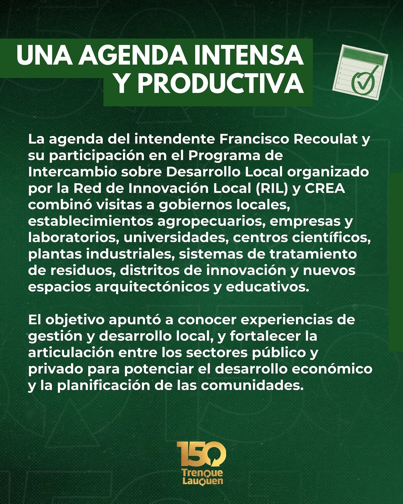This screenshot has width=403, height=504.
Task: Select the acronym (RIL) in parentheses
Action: [x=271, y=189]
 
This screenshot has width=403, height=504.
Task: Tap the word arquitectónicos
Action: [x=152, y=287]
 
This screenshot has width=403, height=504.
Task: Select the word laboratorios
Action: [x=74, y=238]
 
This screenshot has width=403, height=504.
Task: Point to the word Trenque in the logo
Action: [x=202, y=472]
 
